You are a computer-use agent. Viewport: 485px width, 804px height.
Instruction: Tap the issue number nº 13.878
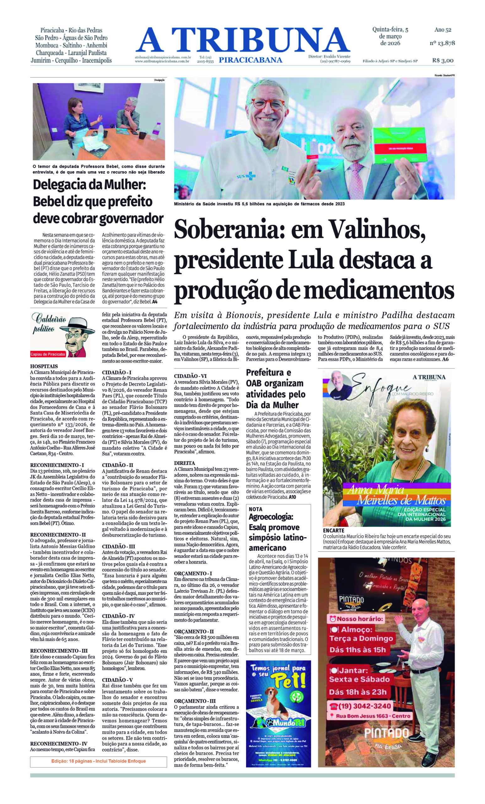tap(442, 43)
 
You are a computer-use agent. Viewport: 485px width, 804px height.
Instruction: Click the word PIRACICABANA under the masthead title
tap(250, 59)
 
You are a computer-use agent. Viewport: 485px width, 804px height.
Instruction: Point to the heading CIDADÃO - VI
tap(189, 376)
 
